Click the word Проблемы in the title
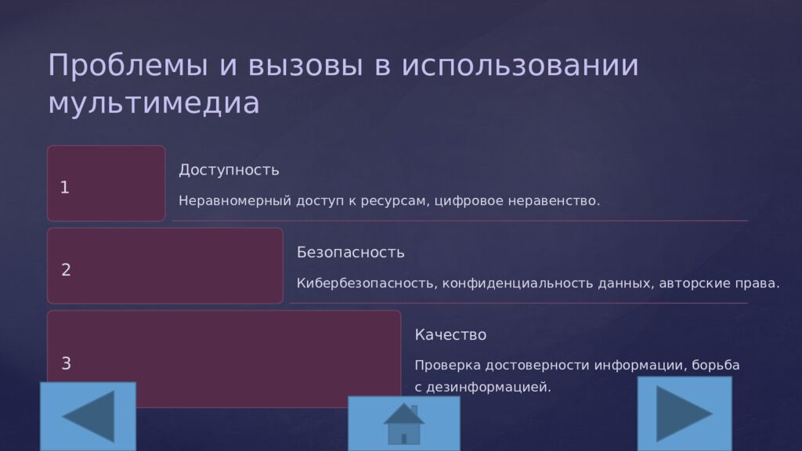(128, 67)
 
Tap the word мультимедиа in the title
(154, 103)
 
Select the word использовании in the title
(520, 66)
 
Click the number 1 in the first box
(64, 188)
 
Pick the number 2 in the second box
(66, 269)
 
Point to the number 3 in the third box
(66, 363)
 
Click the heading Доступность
(229, 170)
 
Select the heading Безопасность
(350, 252)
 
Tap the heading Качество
(450, 334)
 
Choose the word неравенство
(554, 200)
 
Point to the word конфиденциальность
(518, 283)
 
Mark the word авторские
(695, 283)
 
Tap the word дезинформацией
(489, 387)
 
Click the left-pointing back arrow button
(88, 417)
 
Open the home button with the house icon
(404, 424)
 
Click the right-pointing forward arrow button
(685, 413)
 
